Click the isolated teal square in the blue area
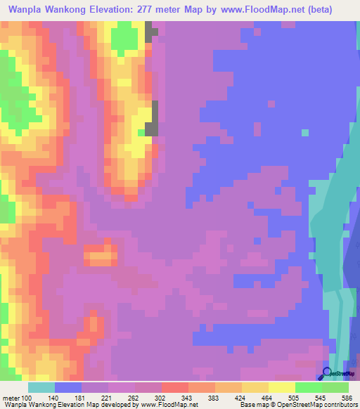304,132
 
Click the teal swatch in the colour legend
41,388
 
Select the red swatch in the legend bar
174,388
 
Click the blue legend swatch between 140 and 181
68,388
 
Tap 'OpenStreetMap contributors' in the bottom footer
321,405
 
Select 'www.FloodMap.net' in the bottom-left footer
168,405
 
